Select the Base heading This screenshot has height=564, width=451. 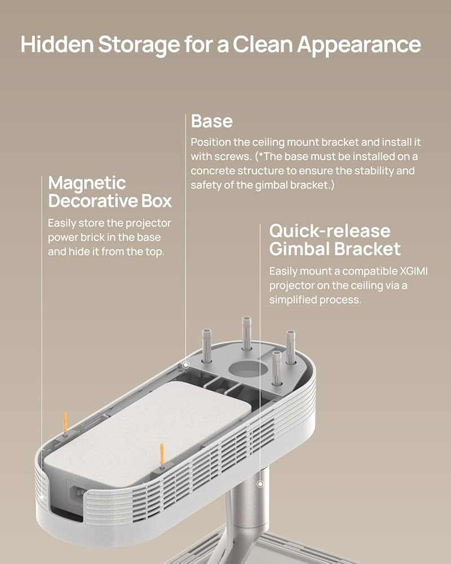pos(211,121)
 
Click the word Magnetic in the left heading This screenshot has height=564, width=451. pos(87,183)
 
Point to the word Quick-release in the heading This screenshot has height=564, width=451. pos(329,231)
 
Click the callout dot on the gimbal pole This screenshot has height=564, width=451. pos(260,483)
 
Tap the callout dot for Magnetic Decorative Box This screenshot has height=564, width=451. pos(43,497)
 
